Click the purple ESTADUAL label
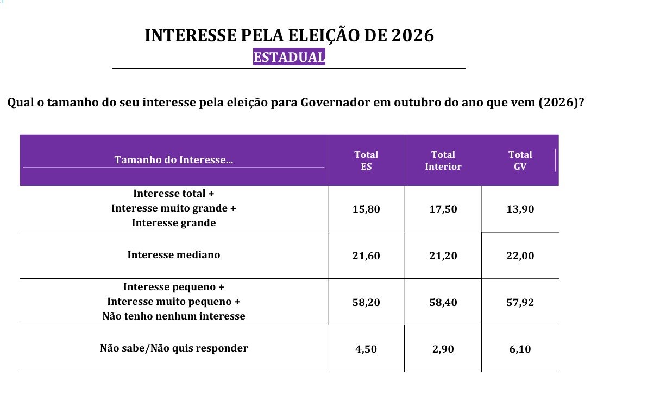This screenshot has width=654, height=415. click(289, 56)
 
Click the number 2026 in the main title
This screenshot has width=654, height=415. click(412, 36)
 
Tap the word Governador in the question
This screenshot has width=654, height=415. click(335, 103)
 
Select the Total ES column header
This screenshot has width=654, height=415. click(366, 161)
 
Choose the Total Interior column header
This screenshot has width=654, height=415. click(443, 161)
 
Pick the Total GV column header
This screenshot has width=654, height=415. click(520, 161)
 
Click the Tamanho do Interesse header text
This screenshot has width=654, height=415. click(174, 160)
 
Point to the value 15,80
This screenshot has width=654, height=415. click(366, 209)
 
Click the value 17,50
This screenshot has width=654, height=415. click(443, 209)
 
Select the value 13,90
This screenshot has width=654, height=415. click(520, 209)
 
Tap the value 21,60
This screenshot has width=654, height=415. click(366, 256)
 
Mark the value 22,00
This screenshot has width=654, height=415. click(520, 256)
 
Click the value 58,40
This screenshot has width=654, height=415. click(443, 302)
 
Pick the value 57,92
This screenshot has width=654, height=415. click(520, 302)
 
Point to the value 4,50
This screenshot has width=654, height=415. click(366, 349)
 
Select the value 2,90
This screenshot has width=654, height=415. click(443, 349)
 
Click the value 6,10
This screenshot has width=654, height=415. click(520, 349)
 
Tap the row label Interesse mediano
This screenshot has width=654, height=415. click(174, 255)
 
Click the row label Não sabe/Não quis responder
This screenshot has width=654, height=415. click(174, 348)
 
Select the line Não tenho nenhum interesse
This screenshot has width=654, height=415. click(174, 316)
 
